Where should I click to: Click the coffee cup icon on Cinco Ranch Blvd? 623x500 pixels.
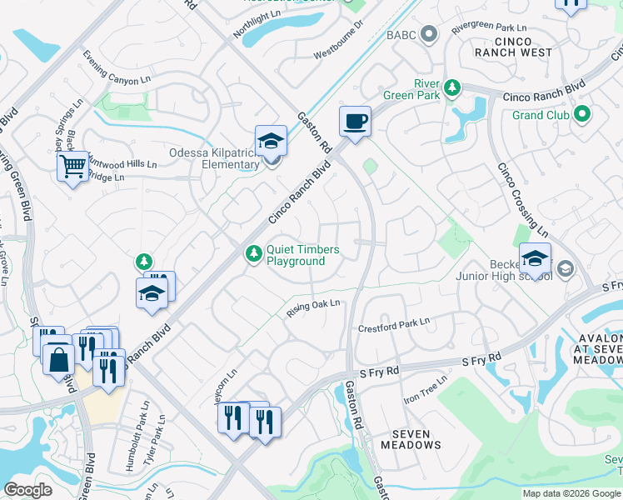(355, 122)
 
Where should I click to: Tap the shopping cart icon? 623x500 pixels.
(72, 167)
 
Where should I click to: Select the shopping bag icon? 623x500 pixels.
(60, 360)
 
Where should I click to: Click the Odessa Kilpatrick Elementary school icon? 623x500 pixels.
(271, 141)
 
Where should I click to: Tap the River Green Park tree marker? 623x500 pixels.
(451, 87)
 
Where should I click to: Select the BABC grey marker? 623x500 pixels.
(429, 34)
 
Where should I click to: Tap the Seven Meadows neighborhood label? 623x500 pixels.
(411, 439)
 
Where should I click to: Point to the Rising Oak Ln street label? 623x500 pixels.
(314, 307)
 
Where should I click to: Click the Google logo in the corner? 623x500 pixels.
(28, 490)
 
